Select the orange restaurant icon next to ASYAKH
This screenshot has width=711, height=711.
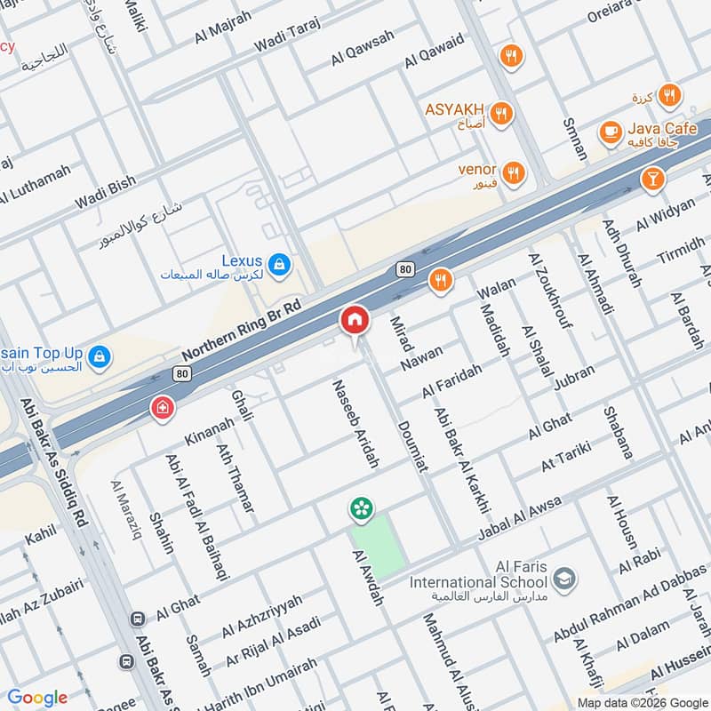[502, 113]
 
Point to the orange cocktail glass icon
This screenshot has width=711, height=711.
[652, 180]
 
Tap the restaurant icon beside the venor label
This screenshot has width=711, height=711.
[512, 172]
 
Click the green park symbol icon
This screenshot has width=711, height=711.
[361, 508]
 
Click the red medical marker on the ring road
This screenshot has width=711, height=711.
[162, 408]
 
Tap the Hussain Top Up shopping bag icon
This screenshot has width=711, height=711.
[100, 355]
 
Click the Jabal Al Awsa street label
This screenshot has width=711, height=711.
[520, 518]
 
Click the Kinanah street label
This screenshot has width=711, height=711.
[208, 430]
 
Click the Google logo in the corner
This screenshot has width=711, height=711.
[37, 699]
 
